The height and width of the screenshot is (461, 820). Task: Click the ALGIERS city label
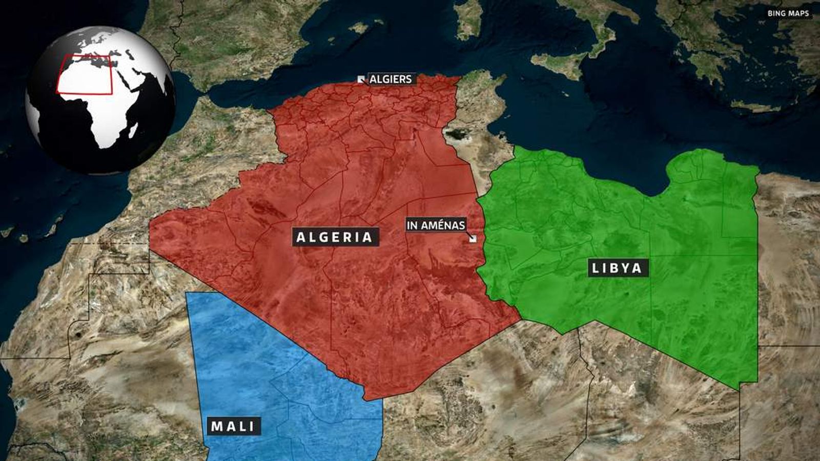[x=391, y=79]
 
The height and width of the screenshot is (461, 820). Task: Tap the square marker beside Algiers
[x=361, y=79]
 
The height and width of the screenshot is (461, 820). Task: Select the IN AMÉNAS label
[x=436, y=225]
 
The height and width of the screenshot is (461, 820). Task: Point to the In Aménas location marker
[x=473, y=238]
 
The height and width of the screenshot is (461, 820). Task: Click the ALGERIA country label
[x=335, y=237]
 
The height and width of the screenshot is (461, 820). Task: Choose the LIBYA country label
[x=617, y=267]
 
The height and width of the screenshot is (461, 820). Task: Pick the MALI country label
[x=233, y=426]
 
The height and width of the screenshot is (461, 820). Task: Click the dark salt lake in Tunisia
[x=456, y=134]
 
